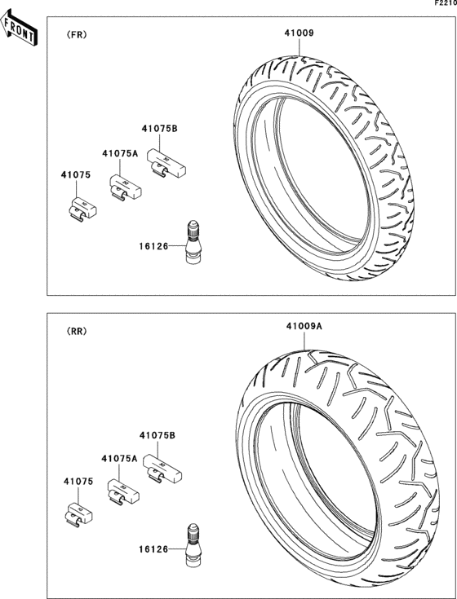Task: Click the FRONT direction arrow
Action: click(x=18, y=28)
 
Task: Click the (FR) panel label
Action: click(x=77, y=35)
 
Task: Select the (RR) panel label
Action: click(x=77, y=331)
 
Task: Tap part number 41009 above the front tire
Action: click(x=299, y=33)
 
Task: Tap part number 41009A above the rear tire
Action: click(x=304, y=327)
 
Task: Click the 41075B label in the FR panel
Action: click(x=160, y=129)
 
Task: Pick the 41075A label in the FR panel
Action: click(x=120, y=153)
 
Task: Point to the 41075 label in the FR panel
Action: click(x=76, y=175)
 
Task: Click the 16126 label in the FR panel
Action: click(x=153, y=246)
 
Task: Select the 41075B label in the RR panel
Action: click(x=158, y=435)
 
